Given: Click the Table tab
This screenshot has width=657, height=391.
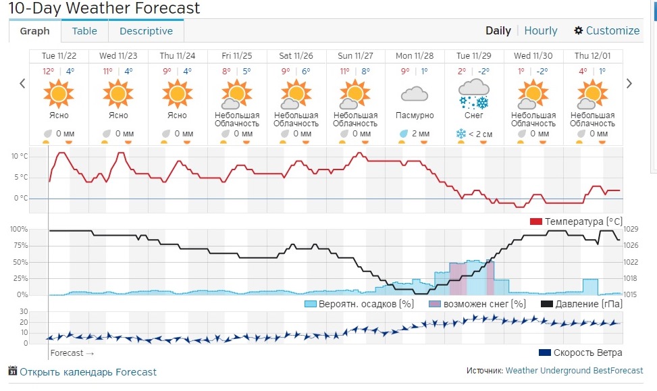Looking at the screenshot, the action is (84, 31).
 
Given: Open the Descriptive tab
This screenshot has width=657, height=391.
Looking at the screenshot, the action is (146, 31).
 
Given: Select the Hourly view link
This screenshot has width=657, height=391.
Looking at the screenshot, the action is (540, 30).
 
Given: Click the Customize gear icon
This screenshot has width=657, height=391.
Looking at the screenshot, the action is (578, 30).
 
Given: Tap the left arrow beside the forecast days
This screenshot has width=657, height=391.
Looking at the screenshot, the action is (23, 83).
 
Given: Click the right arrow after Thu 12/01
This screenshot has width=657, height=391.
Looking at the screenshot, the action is (629, 83).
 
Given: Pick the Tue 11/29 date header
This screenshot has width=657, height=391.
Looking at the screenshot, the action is (473, 56).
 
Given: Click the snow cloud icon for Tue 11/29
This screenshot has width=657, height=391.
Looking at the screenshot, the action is (474, 94).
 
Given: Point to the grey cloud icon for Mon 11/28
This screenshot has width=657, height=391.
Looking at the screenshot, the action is (415, 94).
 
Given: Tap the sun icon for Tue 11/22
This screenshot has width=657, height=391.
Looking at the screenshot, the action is (59, 94).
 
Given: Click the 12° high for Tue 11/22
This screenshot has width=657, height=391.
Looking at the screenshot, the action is (48, 71).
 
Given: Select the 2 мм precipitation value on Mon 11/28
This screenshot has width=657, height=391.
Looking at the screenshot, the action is (421, 134).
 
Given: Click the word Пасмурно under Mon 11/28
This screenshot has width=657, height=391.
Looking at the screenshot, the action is (415, 115).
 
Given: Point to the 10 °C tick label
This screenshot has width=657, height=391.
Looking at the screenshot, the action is (20, 156).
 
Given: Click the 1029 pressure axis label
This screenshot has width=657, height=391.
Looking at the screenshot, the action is (631, 229).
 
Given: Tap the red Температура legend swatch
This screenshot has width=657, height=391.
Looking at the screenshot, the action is (536, 221).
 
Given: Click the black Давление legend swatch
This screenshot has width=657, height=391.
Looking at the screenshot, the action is (547, 304).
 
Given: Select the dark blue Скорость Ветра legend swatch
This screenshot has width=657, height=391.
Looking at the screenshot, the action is (545, 353).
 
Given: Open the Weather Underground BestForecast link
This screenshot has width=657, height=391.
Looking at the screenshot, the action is (574, 371).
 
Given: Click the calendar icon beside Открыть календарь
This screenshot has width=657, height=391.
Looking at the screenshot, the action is (13, 371).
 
